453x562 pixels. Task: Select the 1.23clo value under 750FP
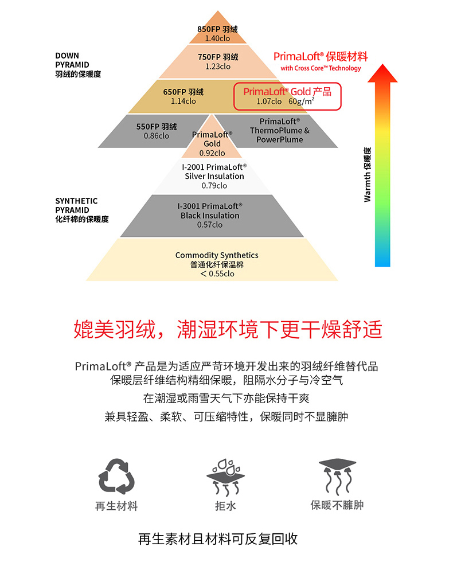(x=218, y=67)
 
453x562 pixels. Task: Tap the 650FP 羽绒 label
(x=183, y=92)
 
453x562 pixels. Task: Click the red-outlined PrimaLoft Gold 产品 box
(x=287, y=96)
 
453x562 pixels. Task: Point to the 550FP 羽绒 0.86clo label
(x=156, y=131)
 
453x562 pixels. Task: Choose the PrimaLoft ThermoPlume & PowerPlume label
(x=280, y=131)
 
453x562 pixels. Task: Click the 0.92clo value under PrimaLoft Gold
(x=212, y=153)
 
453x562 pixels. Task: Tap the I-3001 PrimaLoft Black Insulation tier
(x=212, y=216)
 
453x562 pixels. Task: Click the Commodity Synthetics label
(x=217, y=255)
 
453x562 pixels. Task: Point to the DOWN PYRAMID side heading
(x=78, y=65)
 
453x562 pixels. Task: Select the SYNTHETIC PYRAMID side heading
(x=81, y=210)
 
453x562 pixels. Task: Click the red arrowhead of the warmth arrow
(x=382, y=73)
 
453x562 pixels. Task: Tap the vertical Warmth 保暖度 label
(x=368, y=174)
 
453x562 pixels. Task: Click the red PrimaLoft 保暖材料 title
(x=321, y=57)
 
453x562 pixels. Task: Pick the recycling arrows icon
(x=116, y=477)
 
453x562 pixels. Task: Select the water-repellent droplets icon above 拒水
(x=226, y=477)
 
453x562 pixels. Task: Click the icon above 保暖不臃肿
(x=337, y=476)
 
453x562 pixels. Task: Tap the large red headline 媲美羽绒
(x=115, y=329)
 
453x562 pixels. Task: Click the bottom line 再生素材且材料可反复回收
(x=218, y=538)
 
